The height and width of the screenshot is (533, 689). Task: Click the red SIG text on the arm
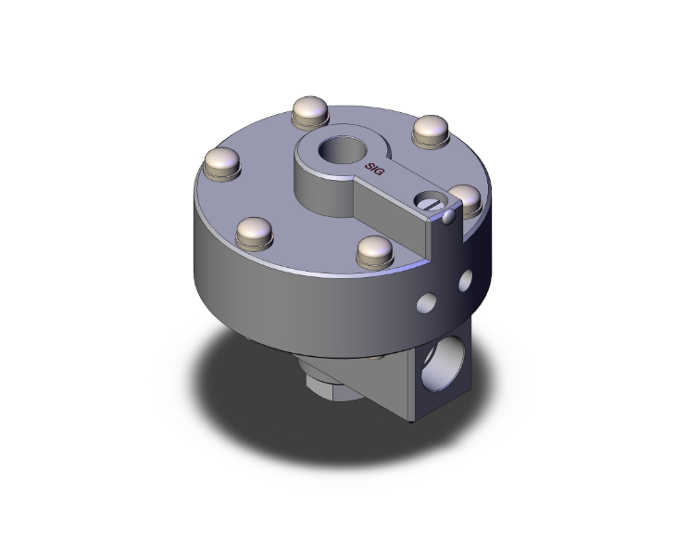pos(375,168)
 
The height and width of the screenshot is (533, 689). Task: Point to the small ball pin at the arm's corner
pos(448,218)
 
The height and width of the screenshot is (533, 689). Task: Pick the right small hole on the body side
pos(465,277)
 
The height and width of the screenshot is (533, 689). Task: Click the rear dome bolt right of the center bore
pos(430,130)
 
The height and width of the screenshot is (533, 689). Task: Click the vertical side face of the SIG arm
pos(389,206)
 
